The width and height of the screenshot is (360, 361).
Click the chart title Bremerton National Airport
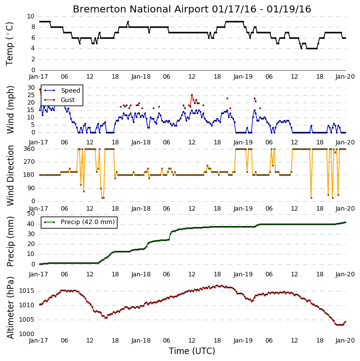(x=140, y=9)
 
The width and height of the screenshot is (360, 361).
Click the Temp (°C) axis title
(x=9, y=44)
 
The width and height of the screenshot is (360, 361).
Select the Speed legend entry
(x=62, y=91)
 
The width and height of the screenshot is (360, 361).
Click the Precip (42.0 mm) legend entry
(x=79, y=222)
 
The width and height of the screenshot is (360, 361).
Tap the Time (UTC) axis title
(x=192, y=351)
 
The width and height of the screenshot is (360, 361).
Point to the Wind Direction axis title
(x=10, y=175)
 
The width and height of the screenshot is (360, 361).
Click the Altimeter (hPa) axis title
(x=10, y=308)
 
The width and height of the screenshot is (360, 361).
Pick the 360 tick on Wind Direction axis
(x=29, y=149)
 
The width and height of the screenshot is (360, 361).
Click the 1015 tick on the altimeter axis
(x=27, y=291)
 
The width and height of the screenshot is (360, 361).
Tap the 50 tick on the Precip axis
(x=31, y=214)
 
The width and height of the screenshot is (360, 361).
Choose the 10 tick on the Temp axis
(x=30, y=16)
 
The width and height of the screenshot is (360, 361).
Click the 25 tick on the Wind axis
(x=31, y=95)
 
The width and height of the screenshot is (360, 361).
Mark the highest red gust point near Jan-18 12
(x=192, y=95)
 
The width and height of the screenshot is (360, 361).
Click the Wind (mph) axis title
(x=10, y=110)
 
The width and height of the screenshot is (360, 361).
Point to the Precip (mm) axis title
(x=10, y=241)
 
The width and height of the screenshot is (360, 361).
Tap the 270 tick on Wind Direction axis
(x=29, y=162)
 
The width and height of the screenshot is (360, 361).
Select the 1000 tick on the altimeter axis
(x=27, y=334)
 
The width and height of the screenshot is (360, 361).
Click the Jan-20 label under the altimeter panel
(x=345, y=341)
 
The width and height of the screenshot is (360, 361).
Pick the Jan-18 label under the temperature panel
(x=141, y=77)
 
